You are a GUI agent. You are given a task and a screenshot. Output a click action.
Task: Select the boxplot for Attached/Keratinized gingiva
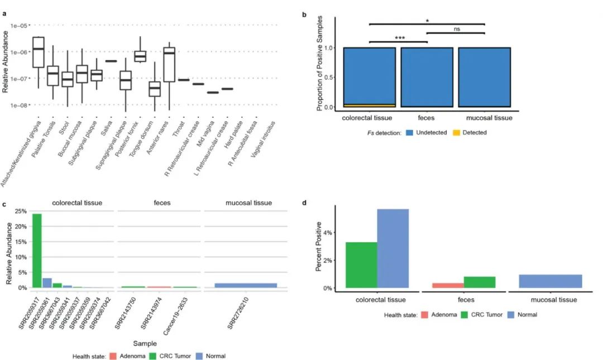click(x=38, y=52)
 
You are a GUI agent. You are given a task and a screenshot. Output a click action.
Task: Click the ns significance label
click(x=456, y=29)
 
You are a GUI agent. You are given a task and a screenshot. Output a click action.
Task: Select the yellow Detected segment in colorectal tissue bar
click(x=369, y=105)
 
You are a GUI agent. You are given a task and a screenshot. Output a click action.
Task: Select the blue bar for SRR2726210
click(x=246, y=285)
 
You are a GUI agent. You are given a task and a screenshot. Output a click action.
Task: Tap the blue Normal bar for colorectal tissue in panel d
click(x=400, y=248)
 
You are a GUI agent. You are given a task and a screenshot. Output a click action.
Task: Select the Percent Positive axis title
click(x=319, y=247)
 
